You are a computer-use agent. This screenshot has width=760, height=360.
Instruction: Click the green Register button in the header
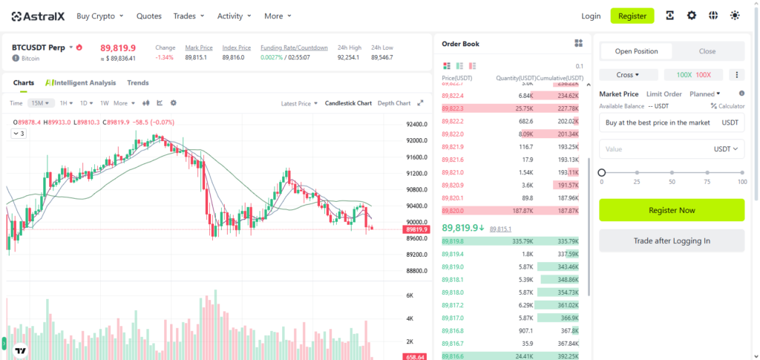(632, 16)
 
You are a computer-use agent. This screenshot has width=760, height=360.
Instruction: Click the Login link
(591, 16)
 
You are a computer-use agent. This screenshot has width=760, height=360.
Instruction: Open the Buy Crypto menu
(100, 16)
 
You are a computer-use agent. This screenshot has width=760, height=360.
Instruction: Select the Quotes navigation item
(149, 16)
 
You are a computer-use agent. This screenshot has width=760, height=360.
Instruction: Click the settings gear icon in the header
(692, 16)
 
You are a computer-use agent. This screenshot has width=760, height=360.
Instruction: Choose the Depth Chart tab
(393, 103)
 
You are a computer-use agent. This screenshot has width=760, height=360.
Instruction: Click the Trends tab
(138, 83)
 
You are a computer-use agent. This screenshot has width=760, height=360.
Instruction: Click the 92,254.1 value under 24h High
(348, 57)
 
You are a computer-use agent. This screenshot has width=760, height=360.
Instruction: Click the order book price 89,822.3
(453, 108)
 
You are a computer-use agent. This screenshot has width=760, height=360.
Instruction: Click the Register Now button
(672, 210)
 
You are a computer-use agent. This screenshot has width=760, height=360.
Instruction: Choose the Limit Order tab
(664, 94)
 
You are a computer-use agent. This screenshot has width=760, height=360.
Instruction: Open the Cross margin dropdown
(628, 75)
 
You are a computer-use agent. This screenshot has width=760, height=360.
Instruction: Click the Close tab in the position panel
(707, 51)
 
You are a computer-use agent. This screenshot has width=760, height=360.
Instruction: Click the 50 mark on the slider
(672, 173)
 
